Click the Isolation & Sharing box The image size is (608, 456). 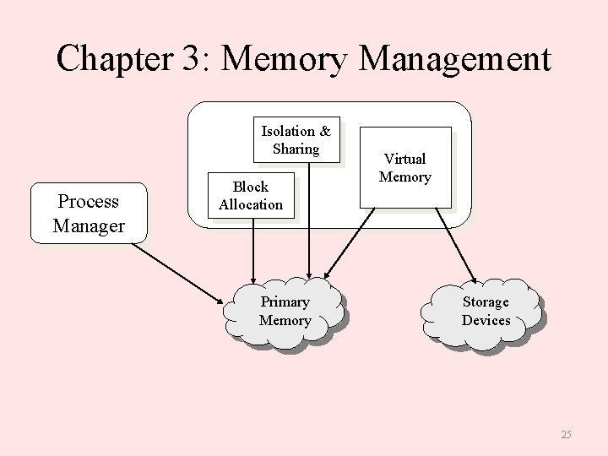(296, 139)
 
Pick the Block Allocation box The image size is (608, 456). (251, 195)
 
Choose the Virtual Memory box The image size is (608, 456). (404, 167)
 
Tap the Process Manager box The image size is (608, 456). (89, 214)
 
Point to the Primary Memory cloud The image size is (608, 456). (285, 311)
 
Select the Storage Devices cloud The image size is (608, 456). (486, 311)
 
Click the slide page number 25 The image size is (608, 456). (565, 434)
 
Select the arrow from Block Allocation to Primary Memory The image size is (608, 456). (252, 249)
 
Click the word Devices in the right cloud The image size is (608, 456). (486, 320)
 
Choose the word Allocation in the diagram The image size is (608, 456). (251, 204)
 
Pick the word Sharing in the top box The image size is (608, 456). (296, 149)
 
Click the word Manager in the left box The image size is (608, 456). (89, 225)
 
